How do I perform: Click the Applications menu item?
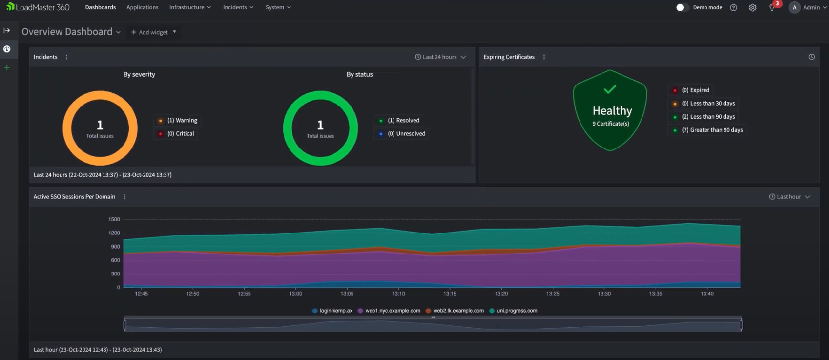click(x=142, y=7)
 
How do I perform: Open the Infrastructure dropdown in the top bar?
click(x=190, y=7)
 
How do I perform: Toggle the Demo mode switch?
click(x=682, y=7)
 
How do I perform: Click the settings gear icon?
click(x=752, y=8)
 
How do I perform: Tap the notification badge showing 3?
click(x=777, y=4)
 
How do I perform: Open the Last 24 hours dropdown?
click(x=440, y=57)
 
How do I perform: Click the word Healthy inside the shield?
click(x=612, y=111)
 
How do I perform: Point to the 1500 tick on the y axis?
click(x=114, y=219)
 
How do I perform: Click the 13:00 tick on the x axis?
click(x=295, y=294)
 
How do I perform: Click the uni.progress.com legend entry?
click(x=517, y=311)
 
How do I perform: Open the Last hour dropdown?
click(x=789, y=197)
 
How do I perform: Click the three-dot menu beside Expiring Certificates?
click(x=544, y=57)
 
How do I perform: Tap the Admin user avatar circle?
click(x=794, y=7)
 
